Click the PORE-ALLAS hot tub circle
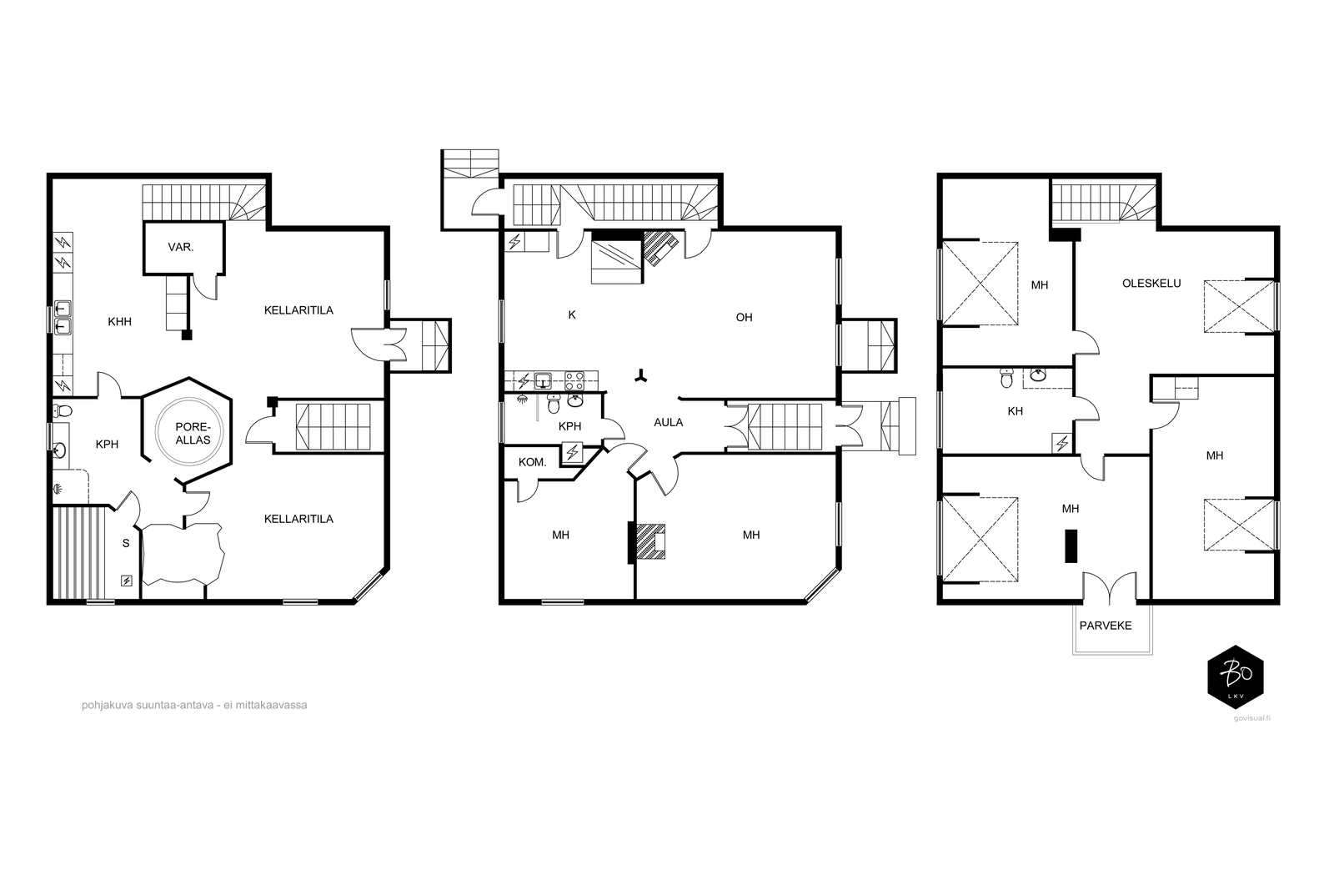(157, 430)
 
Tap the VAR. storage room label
(180, 247)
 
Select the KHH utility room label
(120, 322)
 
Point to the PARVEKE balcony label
(1106, 626)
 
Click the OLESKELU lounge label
(1151, 284)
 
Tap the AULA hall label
(668, 422)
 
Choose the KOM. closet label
(533, 461)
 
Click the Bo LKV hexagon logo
(1235, 676)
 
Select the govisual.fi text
(1252, 718)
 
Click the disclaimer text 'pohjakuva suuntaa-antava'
(147, 705)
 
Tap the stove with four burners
(574, 380)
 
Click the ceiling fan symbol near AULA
(641, 376)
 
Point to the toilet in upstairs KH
(1006, 378)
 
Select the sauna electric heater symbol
(126, 581)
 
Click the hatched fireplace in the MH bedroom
(651, 541)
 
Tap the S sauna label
(126, 543)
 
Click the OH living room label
(744, 318)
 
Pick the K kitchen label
(572, 315)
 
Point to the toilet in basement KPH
(62, 410)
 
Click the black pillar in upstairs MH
(1071, 546)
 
